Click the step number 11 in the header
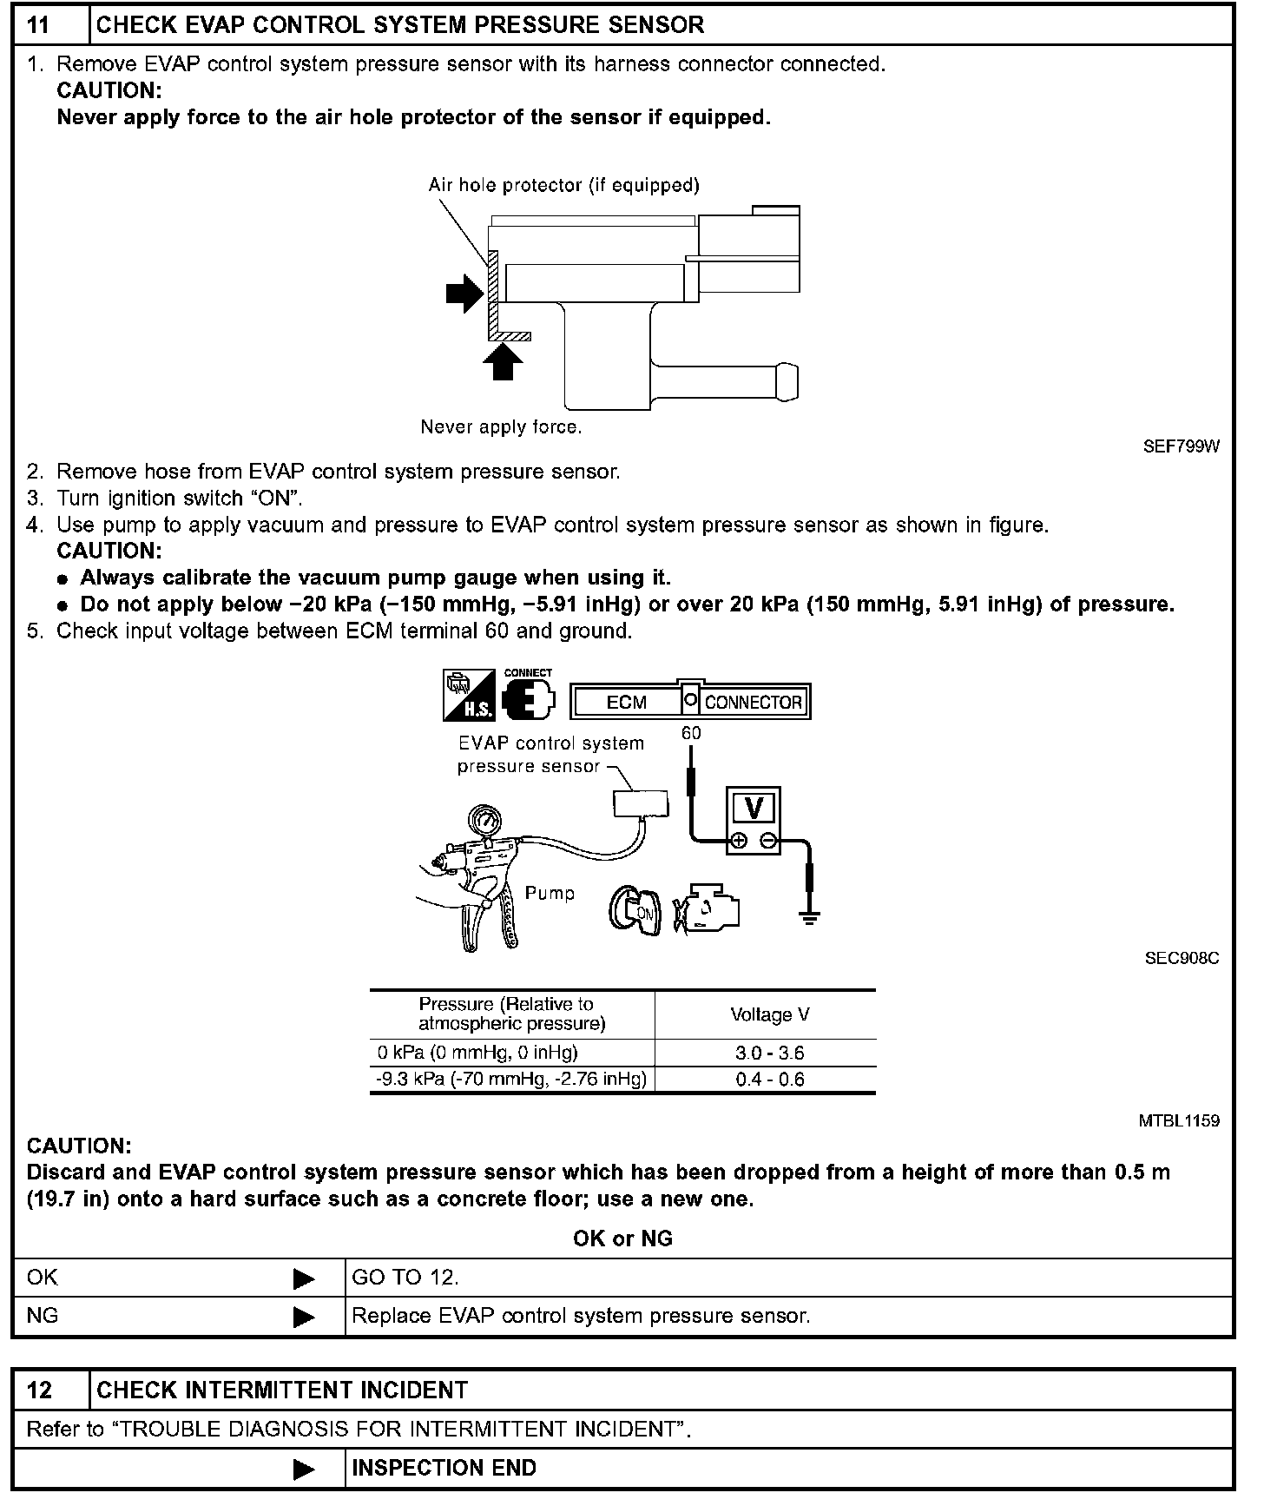click(x=39, y=24)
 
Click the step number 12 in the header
click(x=39, y=1390)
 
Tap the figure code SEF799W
click(x=1181, y=446)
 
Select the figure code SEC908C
click(x=1182, y=958)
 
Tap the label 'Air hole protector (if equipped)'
click(x=563, y=185)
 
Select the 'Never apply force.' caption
click(x=501, y=427)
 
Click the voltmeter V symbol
click(x=753, y=809)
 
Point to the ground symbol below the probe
click(x=809, y=918)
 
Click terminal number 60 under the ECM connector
click(x=691, y=733)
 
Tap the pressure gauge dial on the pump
click(x=486, y=822)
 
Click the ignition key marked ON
click(x=640, y=911)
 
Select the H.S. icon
click(x=469, y=695)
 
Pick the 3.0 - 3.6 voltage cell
click(x=769, y=1054)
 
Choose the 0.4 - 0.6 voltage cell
click(x=769, y=1080)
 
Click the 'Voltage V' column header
click(x=769, y=1014)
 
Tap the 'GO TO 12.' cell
click(x=405, y=1278)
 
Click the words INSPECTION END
click(x=444, y=1468)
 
